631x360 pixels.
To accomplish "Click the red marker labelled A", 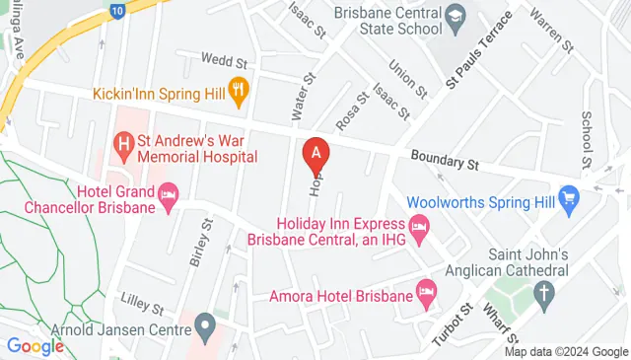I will [x=315, y=154].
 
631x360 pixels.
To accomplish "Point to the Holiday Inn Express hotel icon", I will [x=419, y=231].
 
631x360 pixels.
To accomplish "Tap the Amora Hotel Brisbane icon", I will [x=426, y=293].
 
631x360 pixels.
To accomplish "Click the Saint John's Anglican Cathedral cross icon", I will [x=543, y=292].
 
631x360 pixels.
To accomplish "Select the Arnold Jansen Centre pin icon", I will [x=205, y=324].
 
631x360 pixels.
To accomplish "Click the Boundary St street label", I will [x=444, y=158].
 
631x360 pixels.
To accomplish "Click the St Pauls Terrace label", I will [x=479, y=51].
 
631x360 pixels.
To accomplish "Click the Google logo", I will [x=35, y=346].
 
